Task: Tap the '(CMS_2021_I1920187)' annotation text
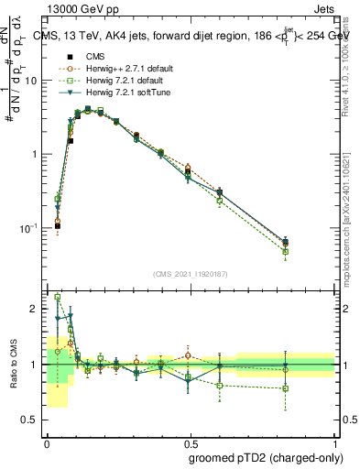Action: tap(191, 272)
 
